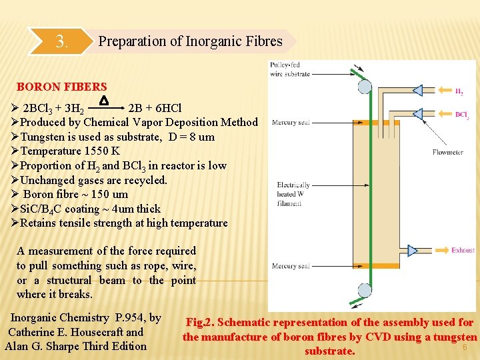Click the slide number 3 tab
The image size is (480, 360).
62,42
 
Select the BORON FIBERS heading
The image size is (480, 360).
61,87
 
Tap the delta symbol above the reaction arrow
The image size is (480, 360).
103,101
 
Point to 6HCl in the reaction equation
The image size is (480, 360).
165,108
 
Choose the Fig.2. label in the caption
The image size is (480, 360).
203,323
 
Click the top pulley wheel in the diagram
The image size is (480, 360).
364,86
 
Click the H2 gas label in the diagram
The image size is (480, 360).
459,93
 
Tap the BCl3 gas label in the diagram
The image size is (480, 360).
462,115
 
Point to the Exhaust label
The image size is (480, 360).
463,250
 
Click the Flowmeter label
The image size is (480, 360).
447,153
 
